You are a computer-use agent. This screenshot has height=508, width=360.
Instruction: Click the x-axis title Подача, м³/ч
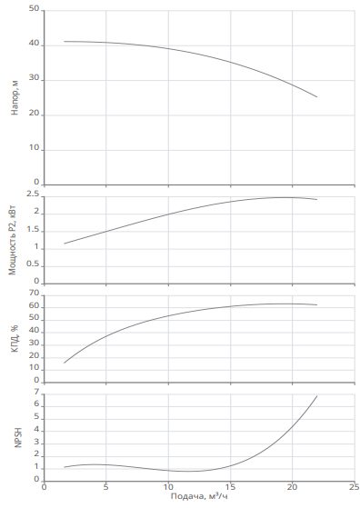(199, 496)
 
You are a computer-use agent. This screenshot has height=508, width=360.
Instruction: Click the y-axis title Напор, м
(15, 97)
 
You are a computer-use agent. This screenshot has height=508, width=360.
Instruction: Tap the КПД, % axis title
(15, 338)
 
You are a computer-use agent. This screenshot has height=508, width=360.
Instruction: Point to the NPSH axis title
(18, 437)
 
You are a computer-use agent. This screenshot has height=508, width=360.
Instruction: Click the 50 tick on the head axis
(34, 9)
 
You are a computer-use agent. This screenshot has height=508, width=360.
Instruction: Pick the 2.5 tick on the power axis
(33, 194)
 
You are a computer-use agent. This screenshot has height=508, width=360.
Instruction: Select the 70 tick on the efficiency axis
(34, 293)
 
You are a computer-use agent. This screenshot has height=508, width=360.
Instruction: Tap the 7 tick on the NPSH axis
(36, 393)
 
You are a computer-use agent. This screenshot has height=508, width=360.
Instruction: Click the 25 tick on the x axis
(355, 487)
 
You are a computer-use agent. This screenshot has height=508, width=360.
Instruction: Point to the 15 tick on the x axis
(230, 487)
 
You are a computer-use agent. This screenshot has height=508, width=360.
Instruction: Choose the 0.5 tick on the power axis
(33, 264)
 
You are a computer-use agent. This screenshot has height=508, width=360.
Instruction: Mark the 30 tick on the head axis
(34, 78)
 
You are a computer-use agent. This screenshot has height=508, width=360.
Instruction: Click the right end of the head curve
(317, 97)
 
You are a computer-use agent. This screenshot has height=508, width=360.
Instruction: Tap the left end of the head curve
(65, 42)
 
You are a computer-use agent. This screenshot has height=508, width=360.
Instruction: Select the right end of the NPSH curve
(317, 396)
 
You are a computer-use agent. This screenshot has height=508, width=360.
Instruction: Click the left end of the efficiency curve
(65, 363)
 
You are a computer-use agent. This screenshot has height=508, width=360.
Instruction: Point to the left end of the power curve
(65, 244)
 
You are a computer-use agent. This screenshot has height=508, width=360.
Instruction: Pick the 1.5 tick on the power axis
(33, 230)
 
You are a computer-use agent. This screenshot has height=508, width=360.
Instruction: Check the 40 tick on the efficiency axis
(34, 331)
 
